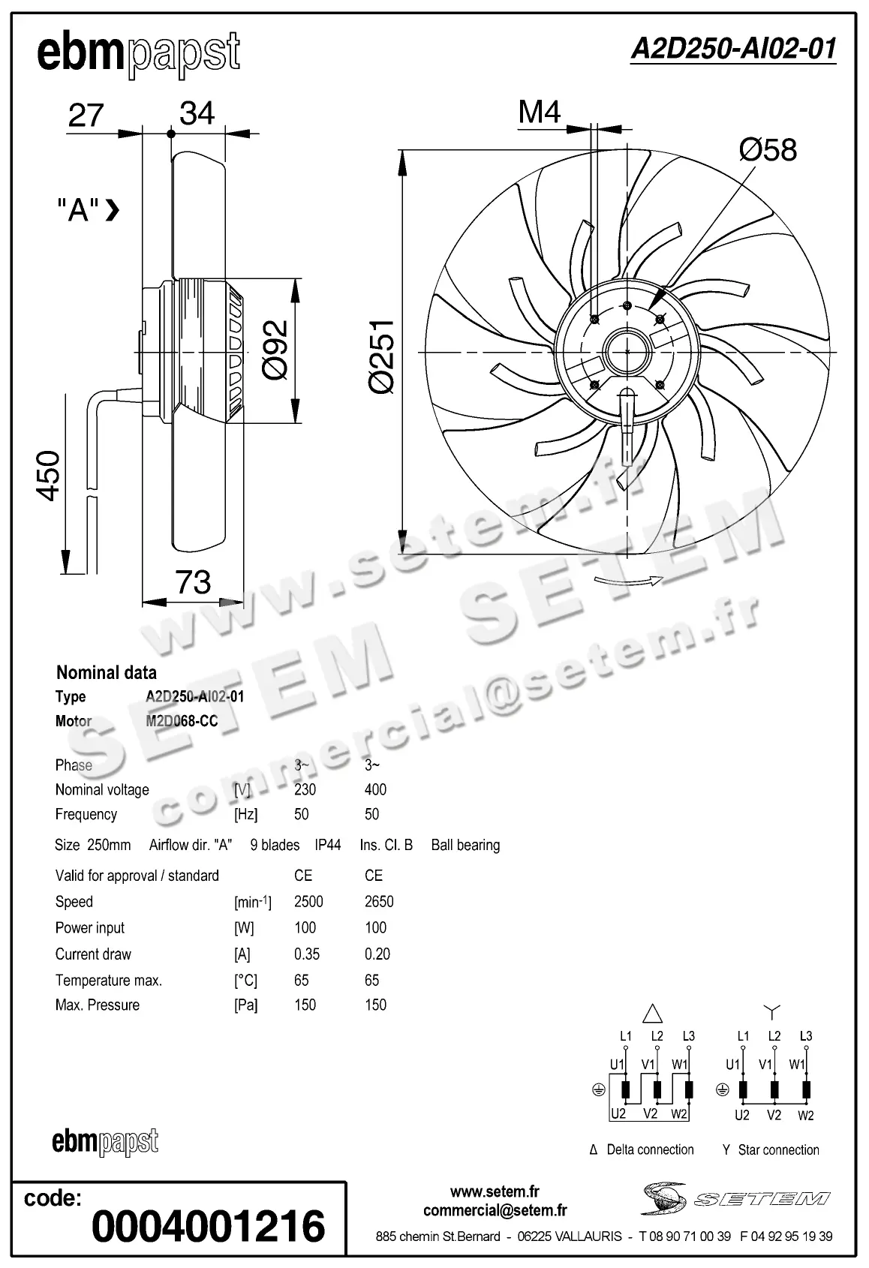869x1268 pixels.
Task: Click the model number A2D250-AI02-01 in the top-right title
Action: pyautogui.click(x=732, y=50)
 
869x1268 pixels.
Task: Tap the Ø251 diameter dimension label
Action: pyautogui.click(x=382, y=355)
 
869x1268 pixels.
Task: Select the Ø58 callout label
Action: pyautogui.click(x=767, y=149)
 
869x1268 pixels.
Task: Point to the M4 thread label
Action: pyautogui.click(x=540, y=113)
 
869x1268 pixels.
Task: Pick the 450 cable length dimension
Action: pyautogui.click(x=49, y=476)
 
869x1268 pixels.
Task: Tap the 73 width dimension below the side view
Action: pyautogui.click(x=193, y=582)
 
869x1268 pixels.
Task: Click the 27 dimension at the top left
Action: pyautogui.click(x=86, y=116)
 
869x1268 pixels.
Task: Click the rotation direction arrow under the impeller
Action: pyautogui.click(x=627, y=580)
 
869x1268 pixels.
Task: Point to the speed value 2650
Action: pyautogui.click(x=379, y=902)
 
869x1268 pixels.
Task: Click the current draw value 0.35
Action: pyautogui.click(x=307, y=954)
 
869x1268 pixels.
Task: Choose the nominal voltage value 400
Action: pyautogui.click(x=375, y=789)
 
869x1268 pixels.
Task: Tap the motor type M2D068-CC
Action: pyautogui.click(x=182, y=721)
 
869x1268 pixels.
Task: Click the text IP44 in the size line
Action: pyautogui.click(x=328, y=845)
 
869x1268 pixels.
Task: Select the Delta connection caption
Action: pyautogui.click(x=642, y=1149)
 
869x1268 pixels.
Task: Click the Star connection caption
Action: pyautogui.click(x=771, y=1149)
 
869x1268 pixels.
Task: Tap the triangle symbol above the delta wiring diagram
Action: pyautogui.click(x=653, y=1014)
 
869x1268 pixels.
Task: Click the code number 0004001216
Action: pyautogui.click(x=209, y=1226)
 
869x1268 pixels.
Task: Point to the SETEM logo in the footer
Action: pyautogui.click(x=736, y=1198)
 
